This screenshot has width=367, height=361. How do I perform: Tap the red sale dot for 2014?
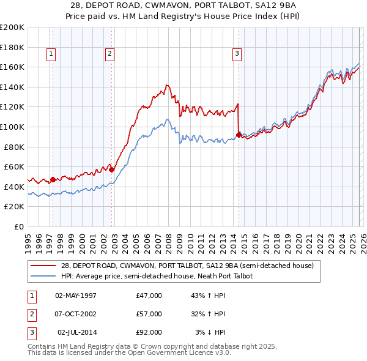[x=238, y=135]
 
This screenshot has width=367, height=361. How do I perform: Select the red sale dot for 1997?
[x=53, y=179]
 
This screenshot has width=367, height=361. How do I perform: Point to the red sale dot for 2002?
[x=111, y=169]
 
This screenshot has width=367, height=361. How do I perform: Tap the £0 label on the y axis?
[x=18, y=226]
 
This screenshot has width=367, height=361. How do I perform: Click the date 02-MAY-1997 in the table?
[x=76, y=296]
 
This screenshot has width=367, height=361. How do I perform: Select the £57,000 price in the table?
[x=149, y=314]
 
